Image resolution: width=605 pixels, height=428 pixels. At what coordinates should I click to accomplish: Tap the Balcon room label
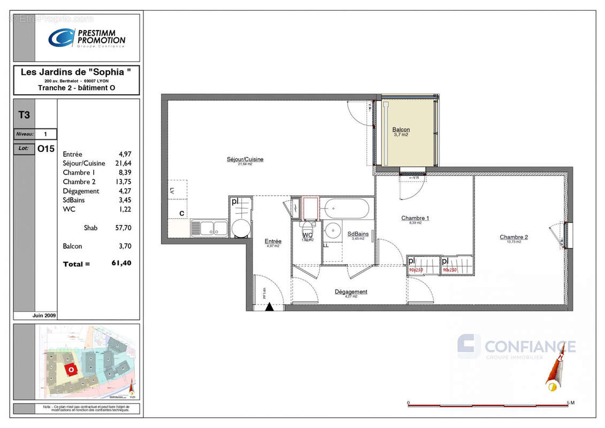401,130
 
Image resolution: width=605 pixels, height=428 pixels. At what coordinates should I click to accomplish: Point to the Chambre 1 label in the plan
415,218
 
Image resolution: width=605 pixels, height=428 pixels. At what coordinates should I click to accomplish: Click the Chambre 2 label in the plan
514,237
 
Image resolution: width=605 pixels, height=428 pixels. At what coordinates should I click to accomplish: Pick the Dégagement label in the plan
351,292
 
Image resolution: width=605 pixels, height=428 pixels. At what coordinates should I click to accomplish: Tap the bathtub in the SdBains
347,208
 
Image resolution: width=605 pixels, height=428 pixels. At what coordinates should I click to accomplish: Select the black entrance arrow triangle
269,307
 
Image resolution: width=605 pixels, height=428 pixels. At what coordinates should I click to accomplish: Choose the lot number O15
46,150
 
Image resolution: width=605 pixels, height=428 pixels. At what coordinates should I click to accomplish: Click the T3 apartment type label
24,114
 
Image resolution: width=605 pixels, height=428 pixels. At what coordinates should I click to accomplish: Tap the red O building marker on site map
70,369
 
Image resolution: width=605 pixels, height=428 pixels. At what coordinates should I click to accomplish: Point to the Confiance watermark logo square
469,346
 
